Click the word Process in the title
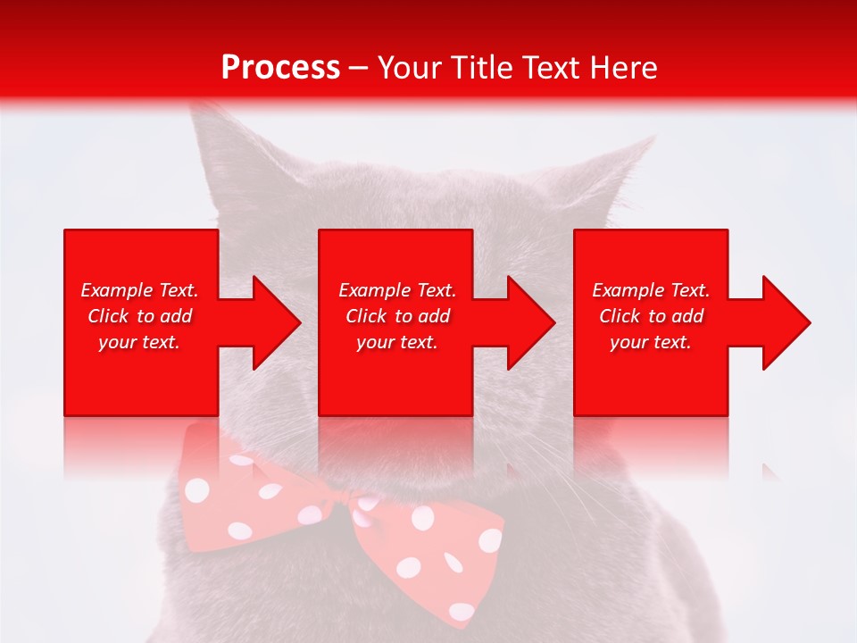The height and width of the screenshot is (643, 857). click(x=280, y=68)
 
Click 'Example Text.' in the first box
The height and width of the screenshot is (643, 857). click(x=139, y=290)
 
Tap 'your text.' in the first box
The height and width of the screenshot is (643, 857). click(x=139, y=342)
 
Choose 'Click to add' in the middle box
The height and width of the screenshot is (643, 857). click(x=397, y=316)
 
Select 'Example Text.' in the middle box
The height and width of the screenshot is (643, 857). click(x=397, y=290)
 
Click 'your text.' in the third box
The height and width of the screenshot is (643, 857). click(x=651, y=342)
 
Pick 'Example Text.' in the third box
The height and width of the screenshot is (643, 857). click(x=651, y=290)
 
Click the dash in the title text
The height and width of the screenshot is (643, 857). click(x=359, y=69)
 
